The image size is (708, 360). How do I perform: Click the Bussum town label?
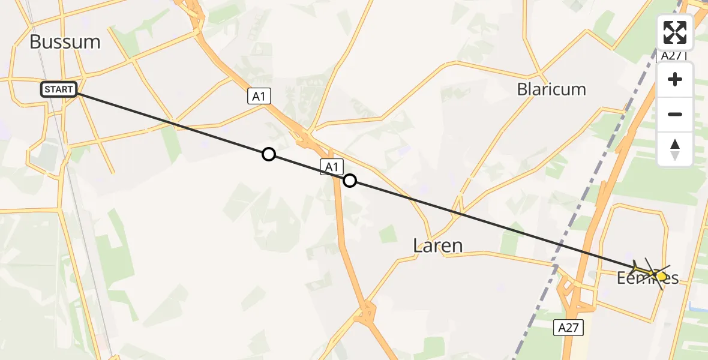65,41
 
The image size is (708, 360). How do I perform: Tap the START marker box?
59,90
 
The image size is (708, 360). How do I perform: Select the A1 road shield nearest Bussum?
258,95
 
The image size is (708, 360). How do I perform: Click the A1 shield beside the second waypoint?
331,167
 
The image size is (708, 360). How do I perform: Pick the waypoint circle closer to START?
269,155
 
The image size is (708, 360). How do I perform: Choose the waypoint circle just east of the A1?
350,181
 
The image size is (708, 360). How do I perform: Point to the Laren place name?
438,245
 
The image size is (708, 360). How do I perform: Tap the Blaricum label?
551,89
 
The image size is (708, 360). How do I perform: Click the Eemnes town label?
648,278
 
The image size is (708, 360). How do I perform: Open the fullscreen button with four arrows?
675,32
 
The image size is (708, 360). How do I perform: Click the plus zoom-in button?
675,79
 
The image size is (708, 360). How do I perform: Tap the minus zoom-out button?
675,114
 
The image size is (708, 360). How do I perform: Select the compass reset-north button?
675,149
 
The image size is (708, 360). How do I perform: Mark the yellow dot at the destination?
661,277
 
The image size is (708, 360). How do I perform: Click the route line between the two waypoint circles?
309,168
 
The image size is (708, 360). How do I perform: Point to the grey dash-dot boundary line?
540,300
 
